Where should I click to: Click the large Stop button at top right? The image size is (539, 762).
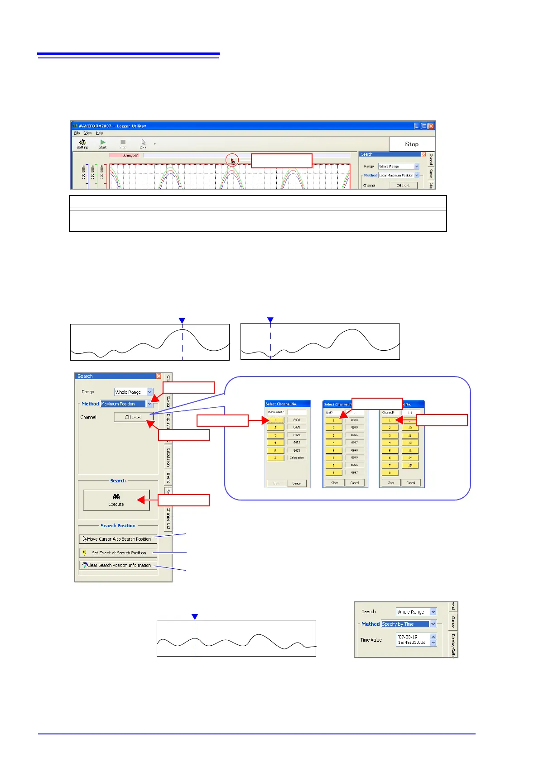click(x=412, y=144)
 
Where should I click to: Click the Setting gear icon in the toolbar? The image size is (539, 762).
click(x=82, y=143)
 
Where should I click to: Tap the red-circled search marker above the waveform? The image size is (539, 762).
click(x=232, y=160)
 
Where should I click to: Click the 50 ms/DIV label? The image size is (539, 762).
click(x=130, y=155)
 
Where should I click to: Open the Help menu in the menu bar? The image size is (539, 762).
click(x=100, y=133)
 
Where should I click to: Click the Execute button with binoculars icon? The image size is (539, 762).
click(x=116, y=500)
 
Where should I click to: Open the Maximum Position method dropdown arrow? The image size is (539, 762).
click(x=149, y=404)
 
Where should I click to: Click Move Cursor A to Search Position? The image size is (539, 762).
click(x=118, y=539)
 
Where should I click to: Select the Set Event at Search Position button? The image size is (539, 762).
click(x=118, y=552)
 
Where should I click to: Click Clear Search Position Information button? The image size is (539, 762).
click(x=118, y=565)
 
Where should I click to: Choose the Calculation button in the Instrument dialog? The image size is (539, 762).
click(x=297, y=457)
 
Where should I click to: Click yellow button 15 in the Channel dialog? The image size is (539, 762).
click(x=410, y=465)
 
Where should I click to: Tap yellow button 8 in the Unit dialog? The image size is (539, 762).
click(x=334, y=472)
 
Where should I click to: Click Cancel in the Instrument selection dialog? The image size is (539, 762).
click(x=297, y=483)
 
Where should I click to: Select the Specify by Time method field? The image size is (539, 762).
click(x=405, y=624)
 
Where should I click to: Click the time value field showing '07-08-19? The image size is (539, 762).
click(x=413, y=639)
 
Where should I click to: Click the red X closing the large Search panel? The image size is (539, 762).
click(x=159, y=376)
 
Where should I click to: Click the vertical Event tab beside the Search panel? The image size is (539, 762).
click(x=168, y=477)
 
